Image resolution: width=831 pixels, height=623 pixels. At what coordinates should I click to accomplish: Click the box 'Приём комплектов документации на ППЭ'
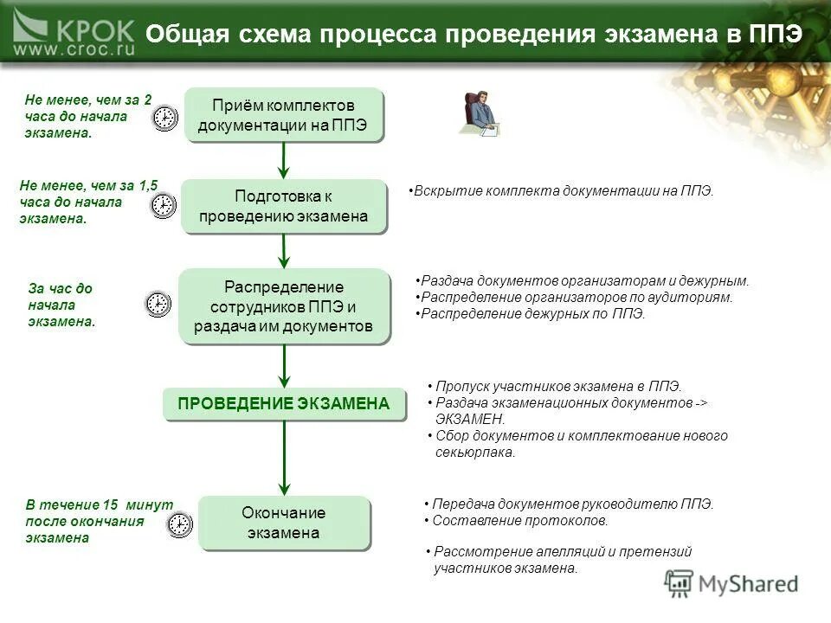coord(283,114)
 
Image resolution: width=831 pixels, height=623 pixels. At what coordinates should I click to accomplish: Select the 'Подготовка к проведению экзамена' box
coord(283,206)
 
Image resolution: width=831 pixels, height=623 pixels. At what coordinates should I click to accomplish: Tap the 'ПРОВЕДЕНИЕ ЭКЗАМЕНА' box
coord(284,403)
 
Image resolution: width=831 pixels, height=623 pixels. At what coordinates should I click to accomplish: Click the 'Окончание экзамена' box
coord(284,523)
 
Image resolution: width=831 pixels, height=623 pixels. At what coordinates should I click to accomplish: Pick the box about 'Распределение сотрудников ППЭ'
coord(283,306)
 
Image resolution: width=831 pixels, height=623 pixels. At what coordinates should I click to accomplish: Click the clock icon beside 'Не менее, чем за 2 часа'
coord(165,119)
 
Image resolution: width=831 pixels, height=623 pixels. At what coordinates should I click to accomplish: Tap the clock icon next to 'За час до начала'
coord(157,303)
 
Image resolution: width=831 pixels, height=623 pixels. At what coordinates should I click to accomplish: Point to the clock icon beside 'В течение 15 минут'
coord(179,524)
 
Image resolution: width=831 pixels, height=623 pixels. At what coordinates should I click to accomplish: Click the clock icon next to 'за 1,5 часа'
coord(164,205)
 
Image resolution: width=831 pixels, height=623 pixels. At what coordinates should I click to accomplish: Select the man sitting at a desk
coord(480,112)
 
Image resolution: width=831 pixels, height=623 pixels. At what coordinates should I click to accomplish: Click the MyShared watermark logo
coord(732,584)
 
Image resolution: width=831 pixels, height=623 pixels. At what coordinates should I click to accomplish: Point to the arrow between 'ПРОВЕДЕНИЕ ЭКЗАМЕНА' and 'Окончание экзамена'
coord(284,457)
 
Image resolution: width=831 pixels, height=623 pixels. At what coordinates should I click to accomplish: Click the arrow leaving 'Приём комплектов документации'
coord(284,159)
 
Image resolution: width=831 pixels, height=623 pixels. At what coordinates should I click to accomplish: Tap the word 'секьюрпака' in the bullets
coord(475,453)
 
